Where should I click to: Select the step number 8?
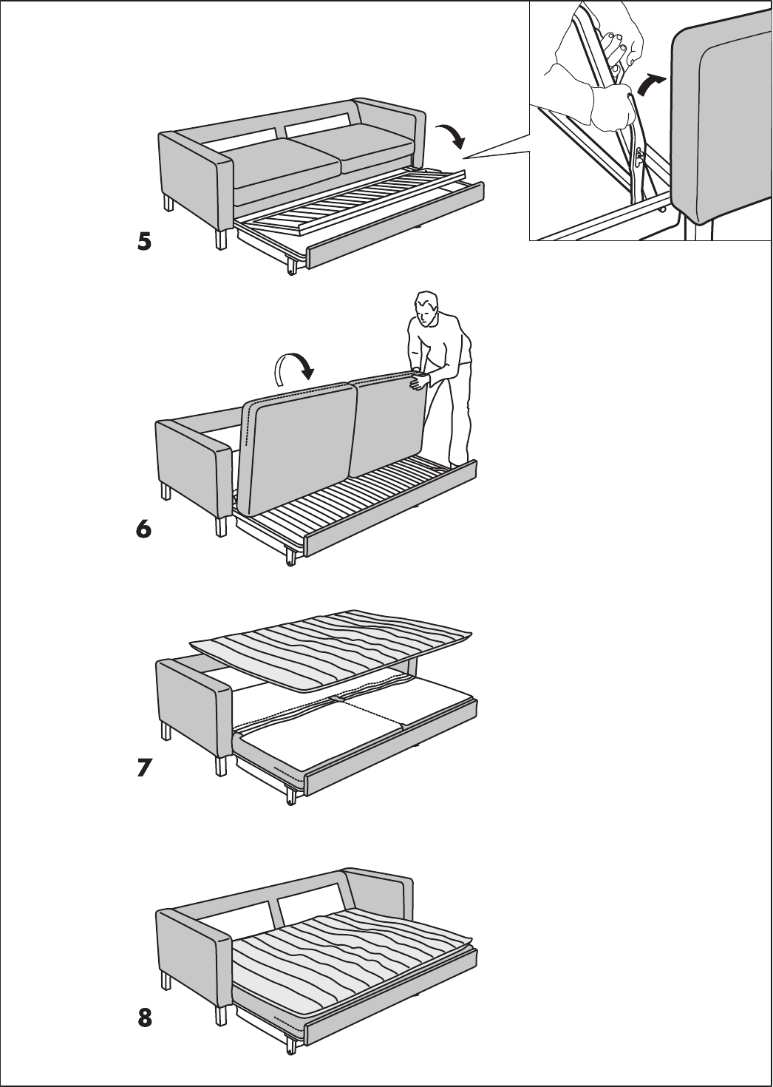pos(145,1019)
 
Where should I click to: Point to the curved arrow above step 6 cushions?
pos(295,366)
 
